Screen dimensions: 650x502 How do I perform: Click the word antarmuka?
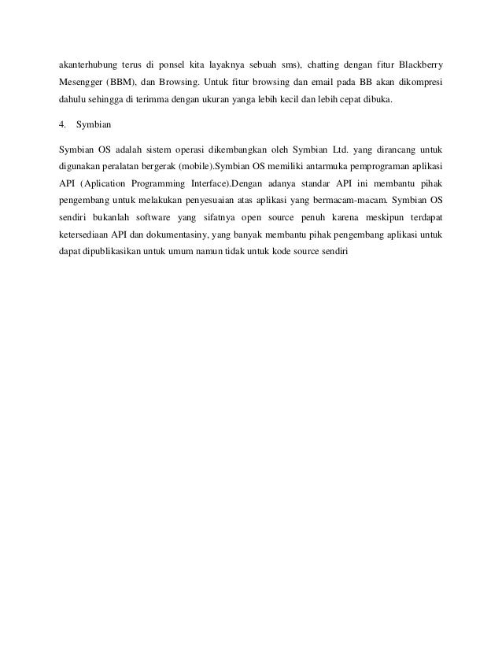click(315, 167)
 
